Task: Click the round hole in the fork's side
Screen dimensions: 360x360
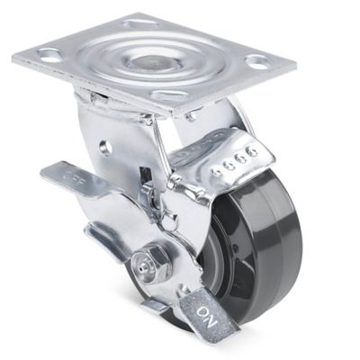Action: (x=106, y=146)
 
